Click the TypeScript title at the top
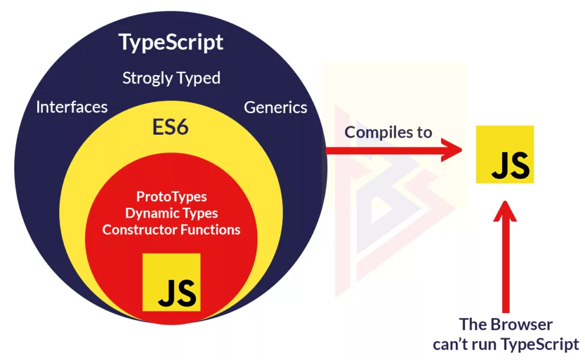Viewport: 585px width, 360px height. (171, 42)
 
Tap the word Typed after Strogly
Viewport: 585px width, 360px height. (198, 78)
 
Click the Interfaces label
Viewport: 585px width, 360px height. (71, 107)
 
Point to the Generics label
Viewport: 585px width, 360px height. (275, 107)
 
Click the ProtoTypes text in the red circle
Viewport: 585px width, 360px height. (171, 197)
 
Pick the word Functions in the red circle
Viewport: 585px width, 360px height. (210, 230)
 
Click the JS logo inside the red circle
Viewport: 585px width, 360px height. (171, 282)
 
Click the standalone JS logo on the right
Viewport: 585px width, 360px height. (505, 154)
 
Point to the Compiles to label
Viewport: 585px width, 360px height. (388, 132)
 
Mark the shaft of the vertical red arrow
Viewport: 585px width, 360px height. (505, 263)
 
